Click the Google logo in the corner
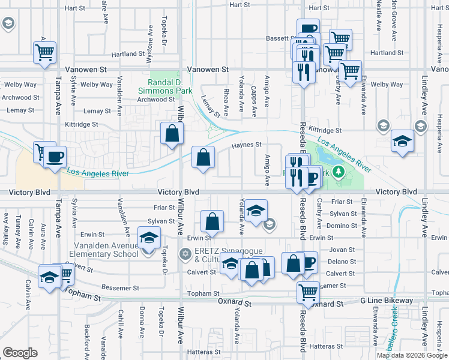[20, 353]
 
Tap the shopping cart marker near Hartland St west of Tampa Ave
[45, 53]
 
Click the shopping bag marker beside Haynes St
[203, 157]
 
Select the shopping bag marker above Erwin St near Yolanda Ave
[212, 221]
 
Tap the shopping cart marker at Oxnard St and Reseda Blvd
[308, 292]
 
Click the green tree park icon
[339, 172]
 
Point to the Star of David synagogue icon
[186, 255]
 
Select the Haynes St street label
[247, 145]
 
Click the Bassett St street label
[279, 38]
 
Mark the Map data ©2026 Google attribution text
[412, 355]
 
